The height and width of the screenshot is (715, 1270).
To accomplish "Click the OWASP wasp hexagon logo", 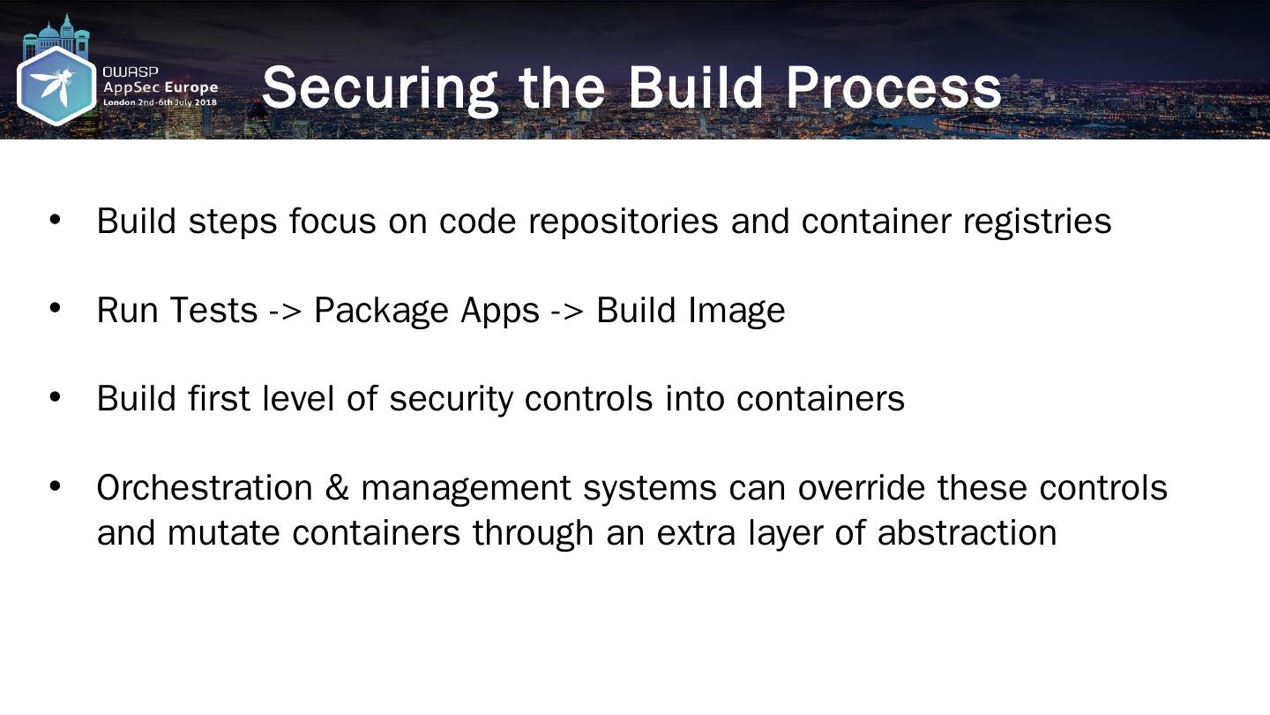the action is (x=56, y=85).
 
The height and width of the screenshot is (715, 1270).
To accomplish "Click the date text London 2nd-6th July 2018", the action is (x=160, y=102).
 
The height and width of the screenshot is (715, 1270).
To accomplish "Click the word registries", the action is (x=1037, y=221).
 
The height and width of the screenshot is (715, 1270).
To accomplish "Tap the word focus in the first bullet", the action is (x=332, y=221).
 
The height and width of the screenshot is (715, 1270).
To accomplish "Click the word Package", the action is (x=382, y=311).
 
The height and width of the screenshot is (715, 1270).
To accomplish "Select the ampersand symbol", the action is (x=337, y=487).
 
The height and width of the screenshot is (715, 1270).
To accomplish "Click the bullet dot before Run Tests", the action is (x=55, y=307).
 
